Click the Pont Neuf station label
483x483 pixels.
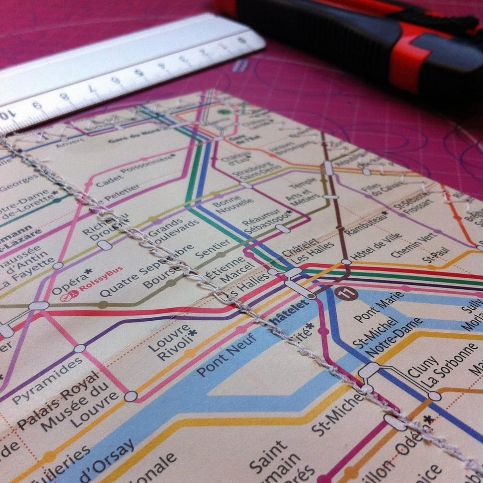pyautogui.click(x=227, y=355)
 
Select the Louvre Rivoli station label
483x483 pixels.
pyautogui.click(x=172, y=342)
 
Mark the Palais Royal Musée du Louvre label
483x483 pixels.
pyautogui.click(x=68, y=408)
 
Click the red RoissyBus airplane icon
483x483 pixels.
pyautogui.click(x=70, y=295)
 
